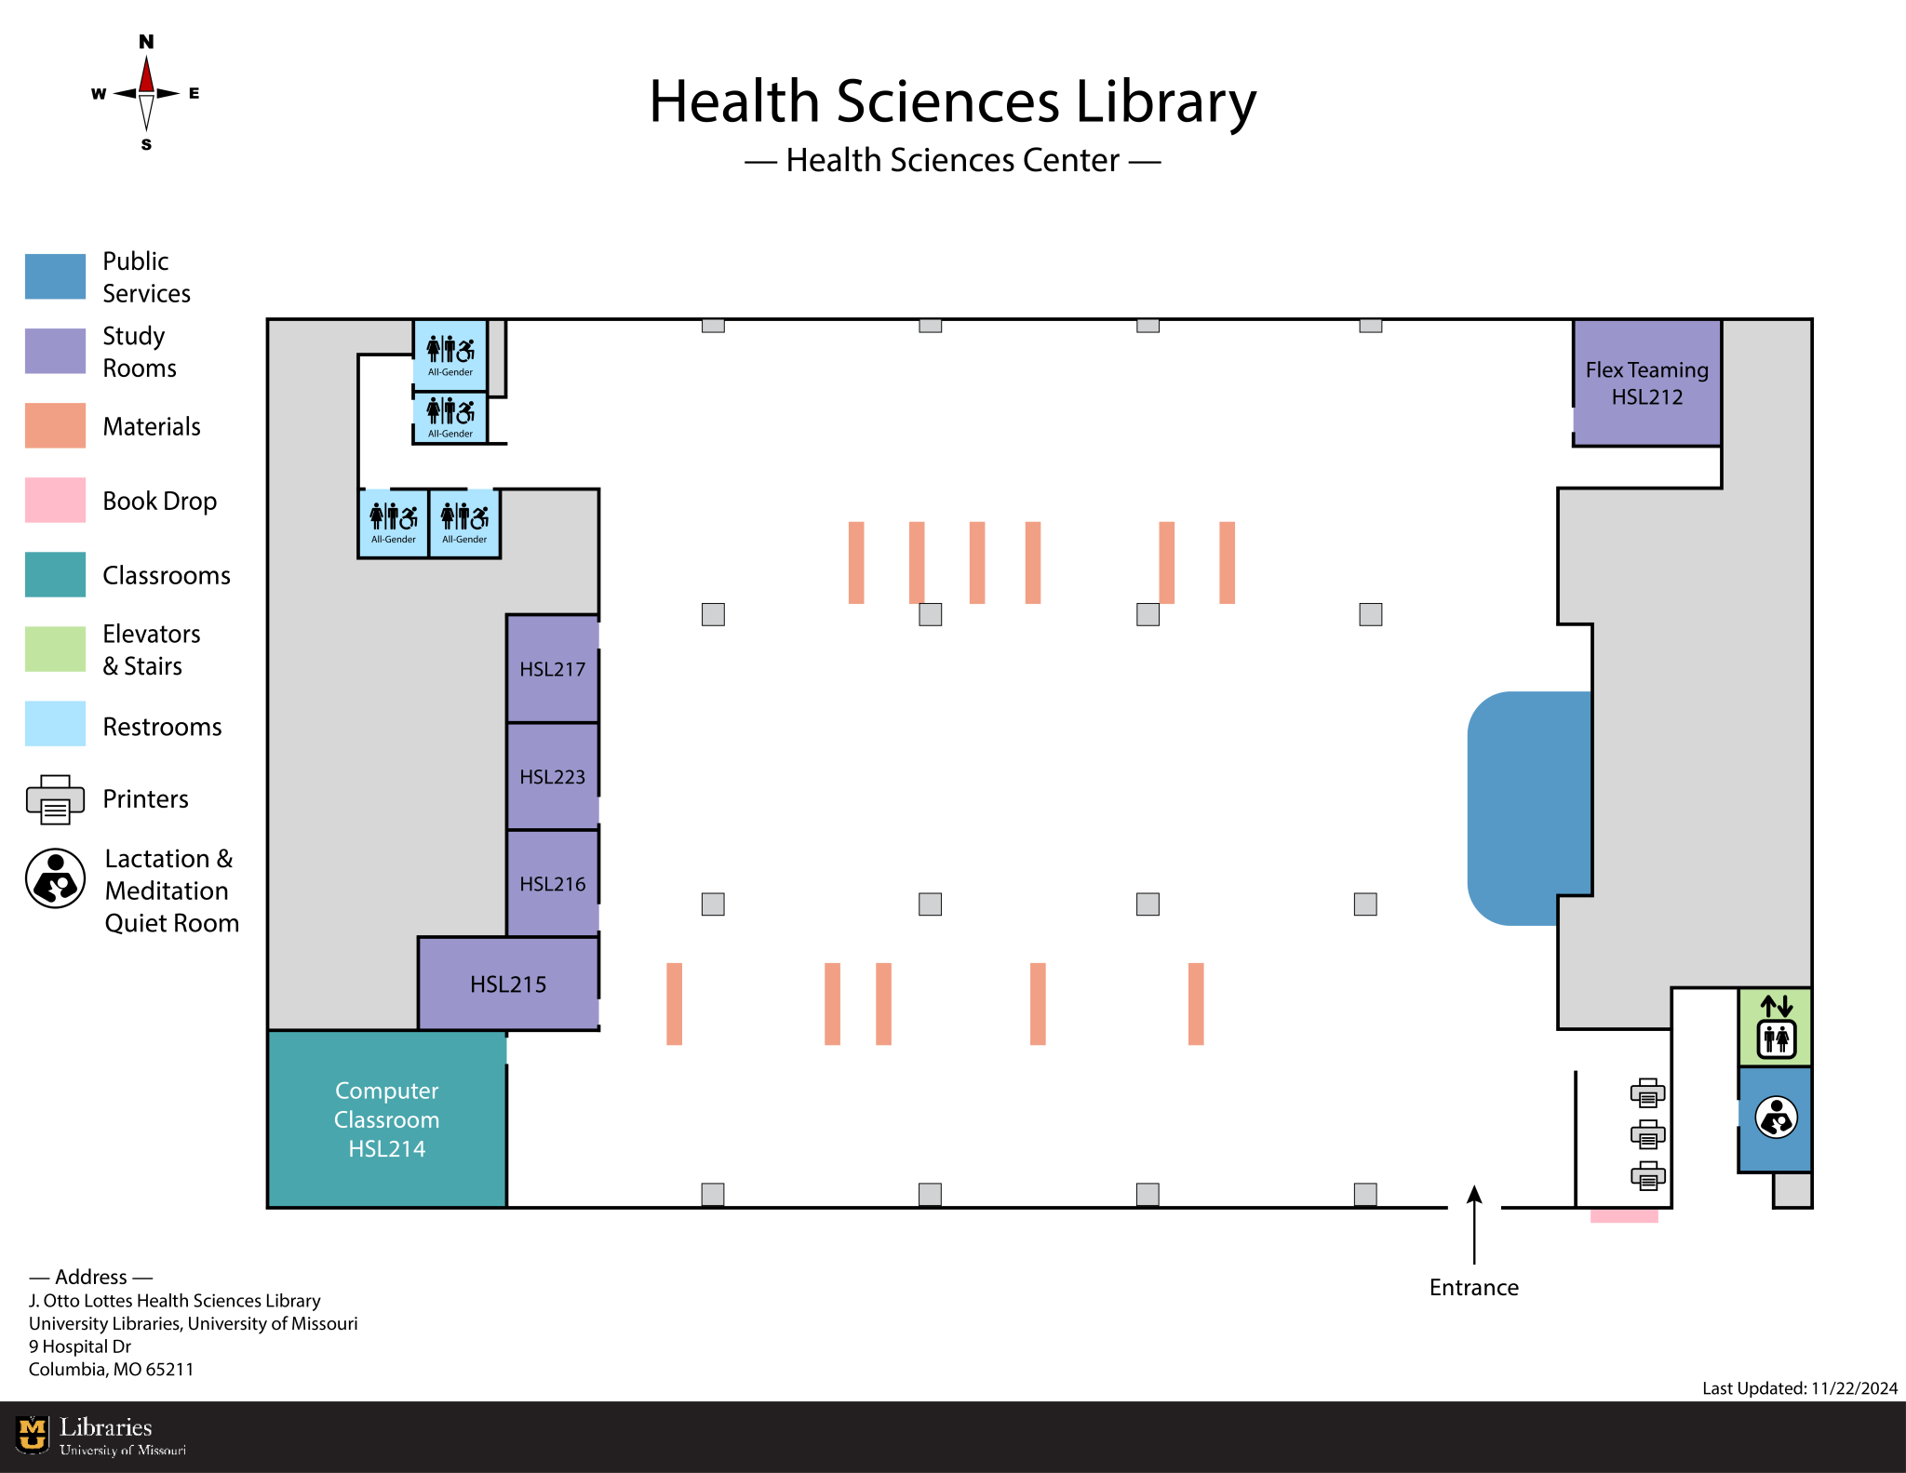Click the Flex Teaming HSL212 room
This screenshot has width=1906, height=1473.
[1646, 383]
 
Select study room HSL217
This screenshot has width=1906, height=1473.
[552, 668]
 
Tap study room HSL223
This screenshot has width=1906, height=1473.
[552, 776]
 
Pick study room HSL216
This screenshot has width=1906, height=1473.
[552, 883]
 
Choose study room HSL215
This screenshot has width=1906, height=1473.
[508, 984]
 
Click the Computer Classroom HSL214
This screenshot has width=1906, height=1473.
[386, 1119]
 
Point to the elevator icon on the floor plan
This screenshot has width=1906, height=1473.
[1776, 1027]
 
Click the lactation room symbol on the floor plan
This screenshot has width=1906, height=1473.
[1776, 1118]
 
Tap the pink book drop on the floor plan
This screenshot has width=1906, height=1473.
[1624, 1215]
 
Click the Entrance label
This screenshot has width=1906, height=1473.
[1473, 1287]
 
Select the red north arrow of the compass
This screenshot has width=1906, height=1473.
[146, 74]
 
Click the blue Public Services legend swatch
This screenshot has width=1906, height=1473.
[55, 276]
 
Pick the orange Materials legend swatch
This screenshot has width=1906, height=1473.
[55, 425]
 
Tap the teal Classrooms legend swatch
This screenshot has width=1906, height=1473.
[55, 574]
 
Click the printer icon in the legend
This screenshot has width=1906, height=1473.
[55, 799]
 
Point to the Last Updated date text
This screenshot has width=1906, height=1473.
[1799, 1388]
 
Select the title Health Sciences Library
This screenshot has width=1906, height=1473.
[952, 101]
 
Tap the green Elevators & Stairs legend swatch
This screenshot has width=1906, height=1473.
[55, 649]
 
